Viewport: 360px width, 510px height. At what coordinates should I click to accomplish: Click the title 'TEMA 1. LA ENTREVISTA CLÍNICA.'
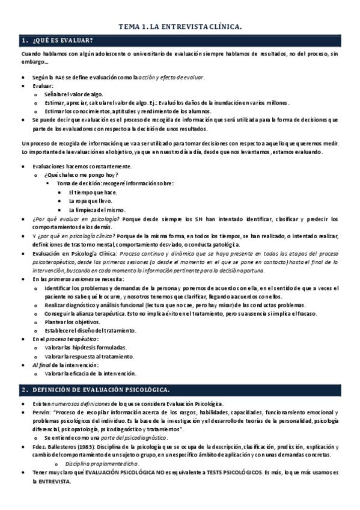coord(180,26)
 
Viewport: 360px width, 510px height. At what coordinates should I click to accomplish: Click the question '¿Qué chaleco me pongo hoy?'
coord(76,174)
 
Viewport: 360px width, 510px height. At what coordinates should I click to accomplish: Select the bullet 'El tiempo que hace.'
coord(93,192)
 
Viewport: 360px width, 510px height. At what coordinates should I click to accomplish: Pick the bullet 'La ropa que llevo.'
coord(91,200)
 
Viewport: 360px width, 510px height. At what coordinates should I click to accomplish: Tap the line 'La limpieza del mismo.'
coord(97,209)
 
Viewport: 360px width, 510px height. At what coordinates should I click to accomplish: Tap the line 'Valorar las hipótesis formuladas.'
coord(85,348)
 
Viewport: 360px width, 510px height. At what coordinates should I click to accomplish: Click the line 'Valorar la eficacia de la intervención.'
coord(94,373)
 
